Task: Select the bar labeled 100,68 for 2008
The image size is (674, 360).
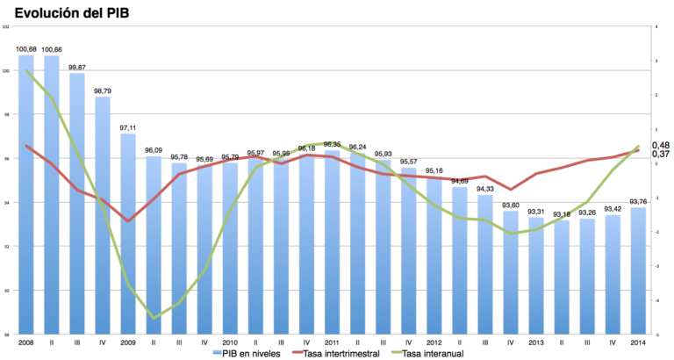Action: point(25,193)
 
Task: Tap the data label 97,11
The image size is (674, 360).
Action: point(128,126)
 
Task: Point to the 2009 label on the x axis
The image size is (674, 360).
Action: point(128,342)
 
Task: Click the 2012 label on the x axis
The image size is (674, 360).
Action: point(434,342)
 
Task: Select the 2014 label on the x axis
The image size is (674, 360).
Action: point(638,342)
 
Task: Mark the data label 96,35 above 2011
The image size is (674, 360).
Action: point(332,144)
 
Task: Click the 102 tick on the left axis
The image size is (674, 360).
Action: point(7,26)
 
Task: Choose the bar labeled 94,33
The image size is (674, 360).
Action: point(484,263)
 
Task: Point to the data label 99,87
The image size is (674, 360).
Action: point(77,67)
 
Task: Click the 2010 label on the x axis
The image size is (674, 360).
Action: point(230,342)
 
